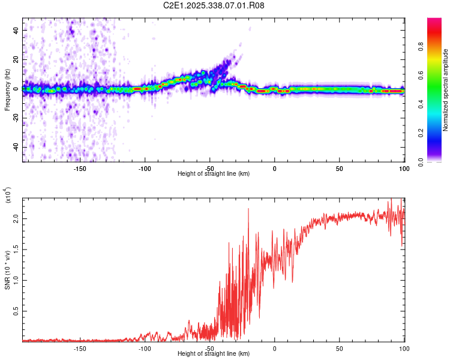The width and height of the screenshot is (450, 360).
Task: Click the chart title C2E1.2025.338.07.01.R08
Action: click(214, 5)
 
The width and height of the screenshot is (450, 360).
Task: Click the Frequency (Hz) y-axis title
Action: click(7, 90)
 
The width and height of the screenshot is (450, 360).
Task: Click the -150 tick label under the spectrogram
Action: click(80, 168)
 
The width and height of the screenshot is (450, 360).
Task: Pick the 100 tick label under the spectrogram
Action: click(404, 168)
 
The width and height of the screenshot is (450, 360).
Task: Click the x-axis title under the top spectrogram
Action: click(214, 174)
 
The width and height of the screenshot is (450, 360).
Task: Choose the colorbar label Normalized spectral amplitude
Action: click(445, 90)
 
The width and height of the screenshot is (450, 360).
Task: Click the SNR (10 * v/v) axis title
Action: click(7, 270)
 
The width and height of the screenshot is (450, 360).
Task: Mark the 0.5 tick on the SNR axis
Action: click(16, 310)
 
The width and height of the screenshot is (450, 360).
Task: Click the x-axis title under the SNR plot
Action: click(214, 354)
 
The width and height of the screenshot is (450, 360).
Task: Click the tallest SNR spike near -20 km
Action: click(248, 209)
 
